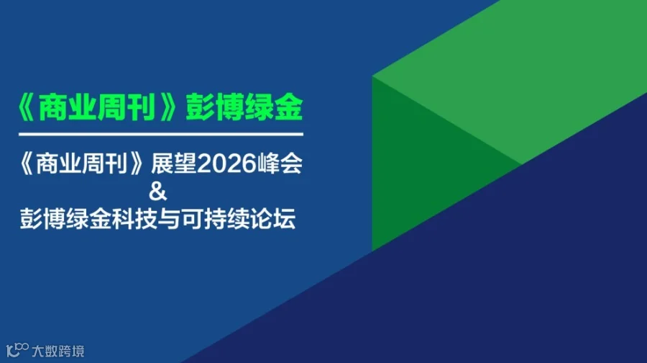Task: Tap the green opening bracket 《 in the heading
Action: [x=28, y=109]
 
